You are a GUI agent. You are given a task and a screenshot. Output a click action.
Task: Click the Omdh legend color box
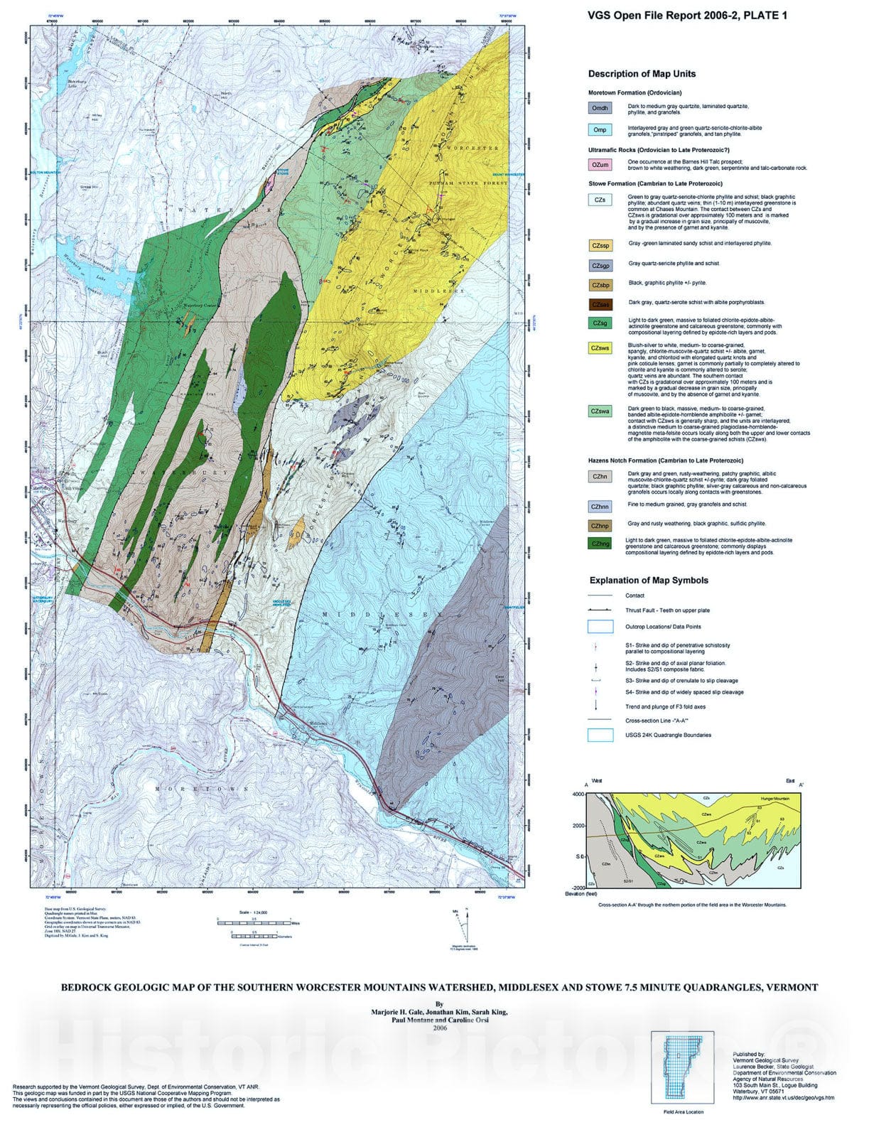coord(599,108)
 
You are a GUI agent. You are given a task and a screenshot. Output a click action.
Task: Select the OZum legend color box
coord(600,165)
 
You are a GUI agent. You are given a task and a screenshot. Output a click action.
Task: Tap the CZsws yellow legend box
coord(600,348)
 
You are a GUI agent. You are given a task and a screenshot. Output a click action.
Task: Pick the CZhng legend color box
coord(600,544)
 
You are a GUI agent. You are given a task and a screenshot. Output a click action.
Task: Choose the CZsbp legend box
coord(600,285)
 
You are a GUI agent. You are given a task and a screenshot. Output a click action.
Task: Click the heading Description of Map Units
coord(642,74)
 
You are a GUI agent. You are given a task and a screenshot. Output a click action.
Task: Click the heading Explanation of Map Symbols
coord(649,580)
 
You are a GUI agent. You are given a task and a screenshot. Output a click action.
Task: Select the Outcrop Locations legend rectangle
coord(600,627)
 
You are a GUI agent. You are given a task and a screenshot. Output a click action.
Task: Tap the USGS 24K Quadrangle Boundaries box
coord(600,735)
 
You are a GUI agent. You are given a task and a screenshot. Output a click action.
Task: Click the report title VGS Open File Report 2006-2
coord(687,16)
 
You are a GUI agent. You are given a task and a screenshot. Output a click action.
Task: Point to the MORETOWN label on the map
coord(203,789)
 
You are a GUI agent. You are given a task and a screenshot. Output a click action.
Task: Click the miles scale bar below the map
coord(254,922)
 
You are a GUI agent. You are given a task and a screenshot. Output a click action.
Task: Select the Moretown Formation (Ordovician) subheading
coord(635,93)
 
